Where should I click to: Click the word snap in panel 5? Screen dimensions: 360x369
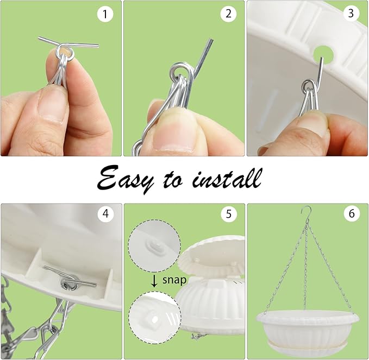[x=174, y=280]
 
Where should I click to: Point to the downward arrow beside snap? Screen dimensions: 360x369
[x=155, y=280]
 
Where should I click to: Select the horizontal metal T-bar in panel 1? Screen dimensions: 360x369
[x=68, y=43]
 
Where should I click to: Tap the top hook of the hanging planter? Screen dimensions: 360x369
[x=308, y=212]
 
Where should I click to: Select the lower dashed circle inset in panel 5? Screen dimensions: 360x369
[x=155, y=318]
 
